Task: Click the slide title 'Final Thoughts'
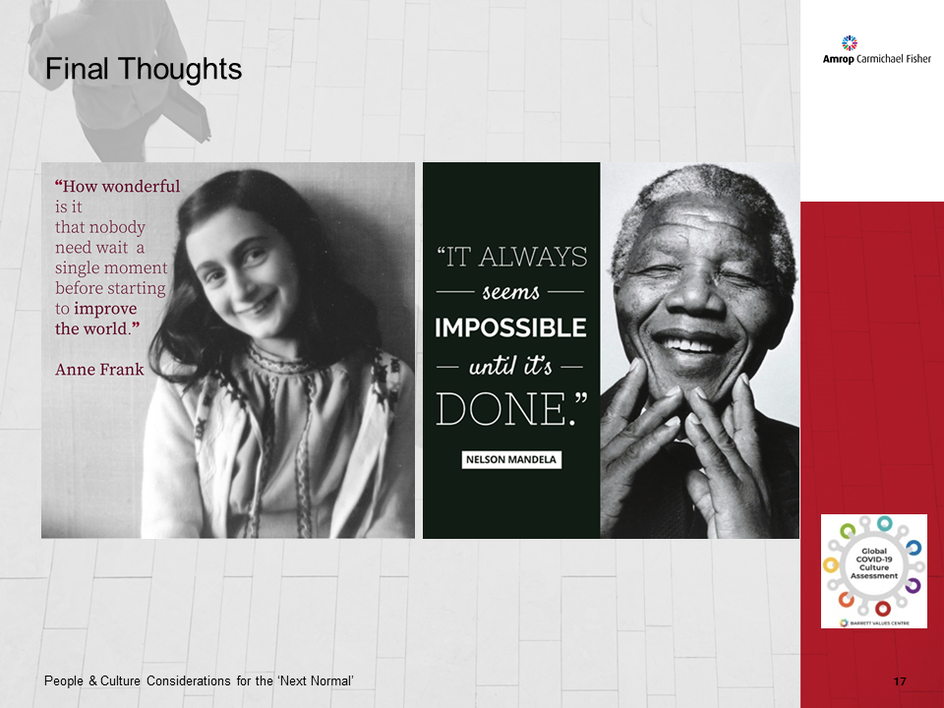(144, 69)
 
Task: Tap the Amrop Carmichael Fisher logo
(876, 51)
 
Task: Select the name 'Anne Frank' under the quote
(99, 370)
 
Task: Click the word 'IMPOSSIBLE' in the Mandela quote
(510, 327)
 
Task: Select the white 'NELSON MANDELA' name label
(511, 459)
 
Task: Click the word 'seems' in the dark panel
(511, 293)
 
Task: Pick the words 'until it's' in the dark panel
(511, 366)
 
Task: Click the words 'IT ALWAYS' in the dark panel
(511, 258)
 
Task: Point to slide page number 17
(900, 681)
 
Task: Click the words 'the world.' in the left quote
(93, 328)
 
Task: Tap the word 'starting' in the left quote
(136, 288)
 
